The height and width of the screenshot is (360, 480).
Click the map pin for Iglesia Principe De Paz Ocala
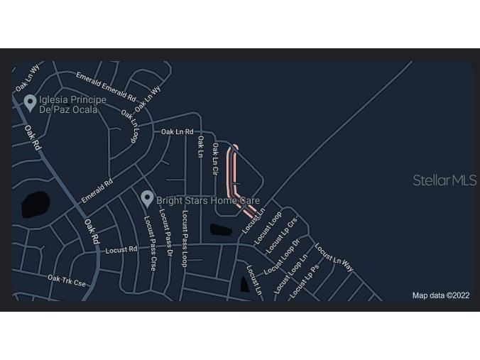coord(30,103)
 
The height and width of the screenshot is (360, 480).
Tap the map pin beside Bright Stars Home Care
coord(147,199)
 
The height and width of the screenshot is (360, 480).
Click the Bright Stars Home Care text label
coord(208,201)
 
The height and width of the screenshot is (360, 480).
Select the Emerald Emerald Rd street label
coord(106,86)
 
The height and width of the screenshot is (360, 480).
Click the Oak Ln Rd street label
coord(177,131)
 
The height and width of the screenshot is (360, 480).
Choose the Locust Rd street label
coord(121,250)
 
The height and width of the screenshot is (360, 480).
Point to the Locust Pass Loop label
coord(184,238)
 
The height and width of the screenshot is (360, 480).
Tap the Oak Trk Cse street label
coord(66,280)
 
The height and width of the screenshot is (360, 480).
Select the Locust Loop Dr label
coord(280,260)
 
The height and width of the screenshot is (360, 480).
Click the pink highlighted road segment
coord(231,174)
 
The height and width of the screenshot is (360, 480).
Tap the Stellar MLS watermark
coord(444,180)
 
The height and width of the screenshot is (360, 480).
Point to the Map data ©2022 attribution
coord(441,295)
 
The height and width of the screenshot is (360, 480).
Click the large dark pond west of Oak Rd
coord(36,204)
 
